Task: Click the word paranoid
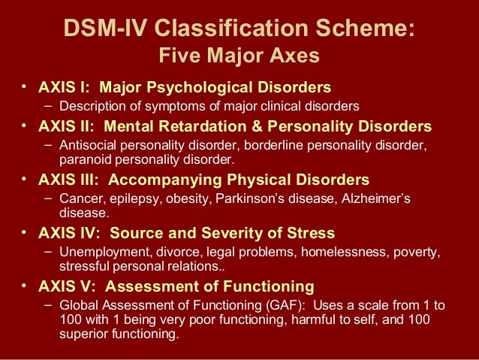pos(85,159)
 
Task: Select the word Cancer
pos(80,199)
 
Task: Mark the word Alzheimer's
pos(375,199)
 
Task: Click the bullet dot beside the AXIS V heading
pos(25,285)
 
